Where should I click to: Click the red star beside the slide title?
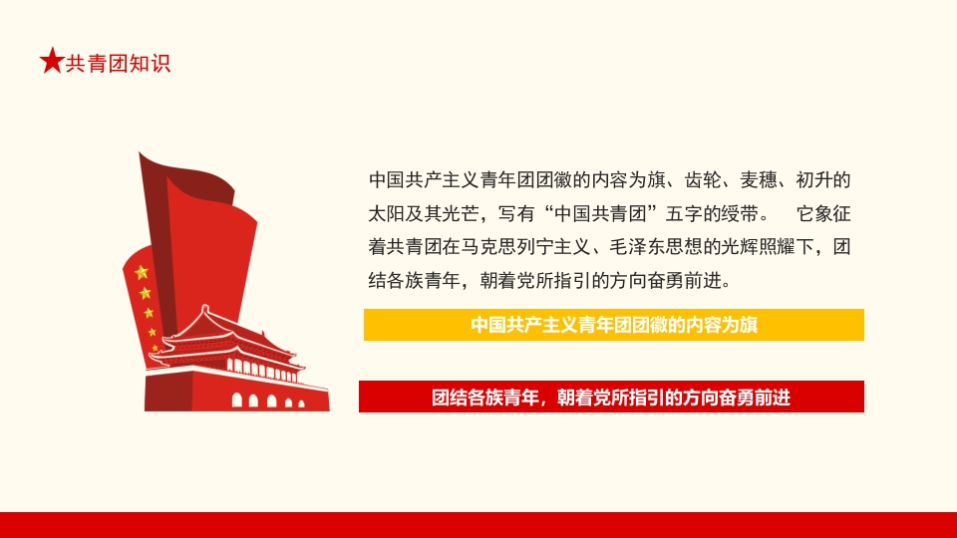click(x=51, y=62)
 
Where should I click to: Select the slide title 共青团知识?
click(x=118, y=63)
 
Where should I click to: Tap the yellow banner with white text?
click(x=613, y=325)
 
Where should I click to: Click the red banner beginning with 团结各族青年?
click(x=610, y=397)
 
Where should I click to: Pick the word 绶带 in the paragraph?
click(x=741, y=214)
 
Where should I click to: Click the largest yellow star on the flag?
click(x=142, y=272)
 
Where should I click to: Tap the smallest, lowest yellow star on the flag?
click(x=155, y=349)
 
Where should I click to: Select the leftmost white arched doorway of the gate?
click(x=237, y=401)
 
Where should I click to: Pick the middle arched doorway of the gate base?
click(x=269, y=401)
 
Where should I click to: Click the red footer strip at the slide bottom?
click(x=478, y=525)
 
